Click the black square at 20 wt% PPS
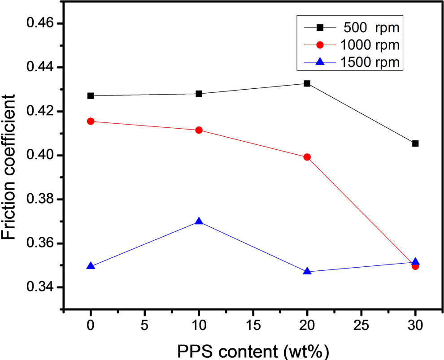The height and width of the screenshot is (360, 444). (x=307, y=83)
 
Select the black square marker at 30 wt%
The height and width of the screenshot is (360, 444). (x=415, y=143)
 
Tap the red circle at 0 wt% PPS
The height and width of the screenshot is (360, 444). (x=91, y=121)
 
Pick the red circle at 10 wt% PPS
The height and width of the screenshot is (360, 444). (x=199, y=130)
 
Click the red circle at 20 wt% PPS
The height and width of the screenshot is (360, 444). (x=307, y=157)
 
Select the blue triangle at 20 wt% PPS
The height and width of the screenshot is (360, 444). (x=307, y=271)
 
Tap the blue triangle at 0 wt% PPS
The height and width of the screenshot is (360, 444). (x=91, y=266)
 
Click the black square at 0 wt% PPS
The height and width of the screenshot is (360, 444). (x=91, y=96)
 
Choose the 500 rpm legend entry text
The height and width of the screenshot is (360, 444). (x=371, y=28)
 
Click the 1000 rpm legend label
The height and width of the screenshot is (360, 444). (x=370, y=45)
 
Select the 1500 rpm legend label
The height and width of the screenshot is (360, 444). (x=370, y=62)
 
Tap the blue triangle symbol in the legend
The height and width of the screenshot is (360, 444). (x=320, y=61)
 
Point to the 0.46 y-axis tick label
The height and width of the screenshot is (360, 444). (x=40, y=23)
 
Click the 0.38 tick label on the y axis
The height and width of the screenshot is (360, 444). (x=40, y=199)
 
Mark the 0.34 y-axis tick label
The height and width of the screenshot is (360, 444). (x=40, y=287)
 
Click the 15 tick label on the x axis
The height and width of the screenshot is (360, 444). (x=253, y=325)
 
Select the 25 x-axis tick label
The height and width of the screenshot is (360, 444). (x=361, y=325)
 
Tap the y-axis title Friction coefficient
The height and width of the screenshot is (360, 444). (x=8, y=167)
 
